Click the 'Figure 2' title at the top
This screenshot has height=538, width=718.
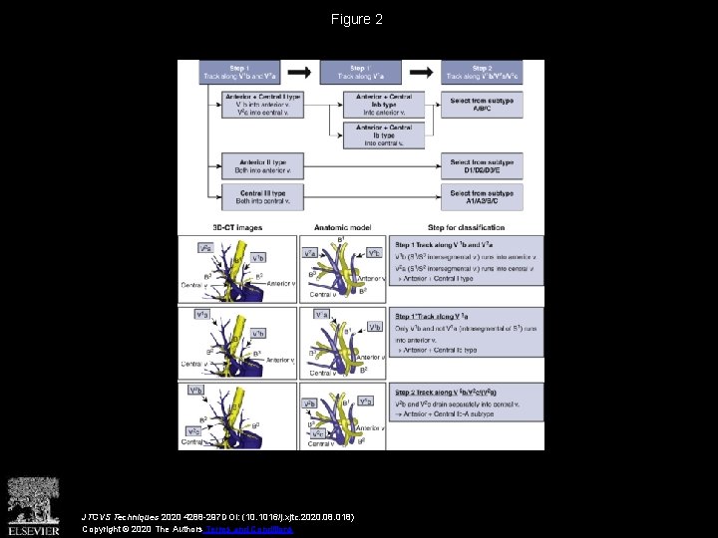click(x=357, y=19)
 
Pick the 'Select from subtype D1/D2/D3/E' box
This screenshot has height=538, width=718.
click(x=483, y=165)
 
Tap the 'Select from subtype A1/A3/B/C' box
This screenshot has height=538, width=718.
click(x=483, y=197)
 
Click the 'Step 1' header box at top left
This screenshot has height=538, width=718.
click(x=239, y=72)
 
